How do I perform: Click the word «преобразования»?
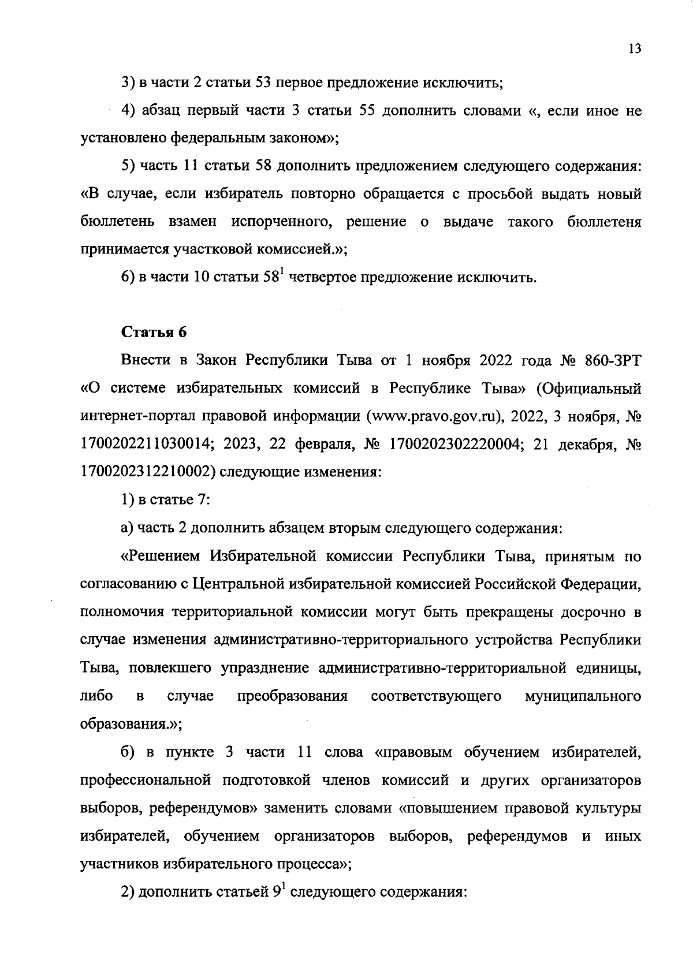click(293, 696)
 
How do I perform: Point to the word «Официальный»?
click(589, 389)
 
